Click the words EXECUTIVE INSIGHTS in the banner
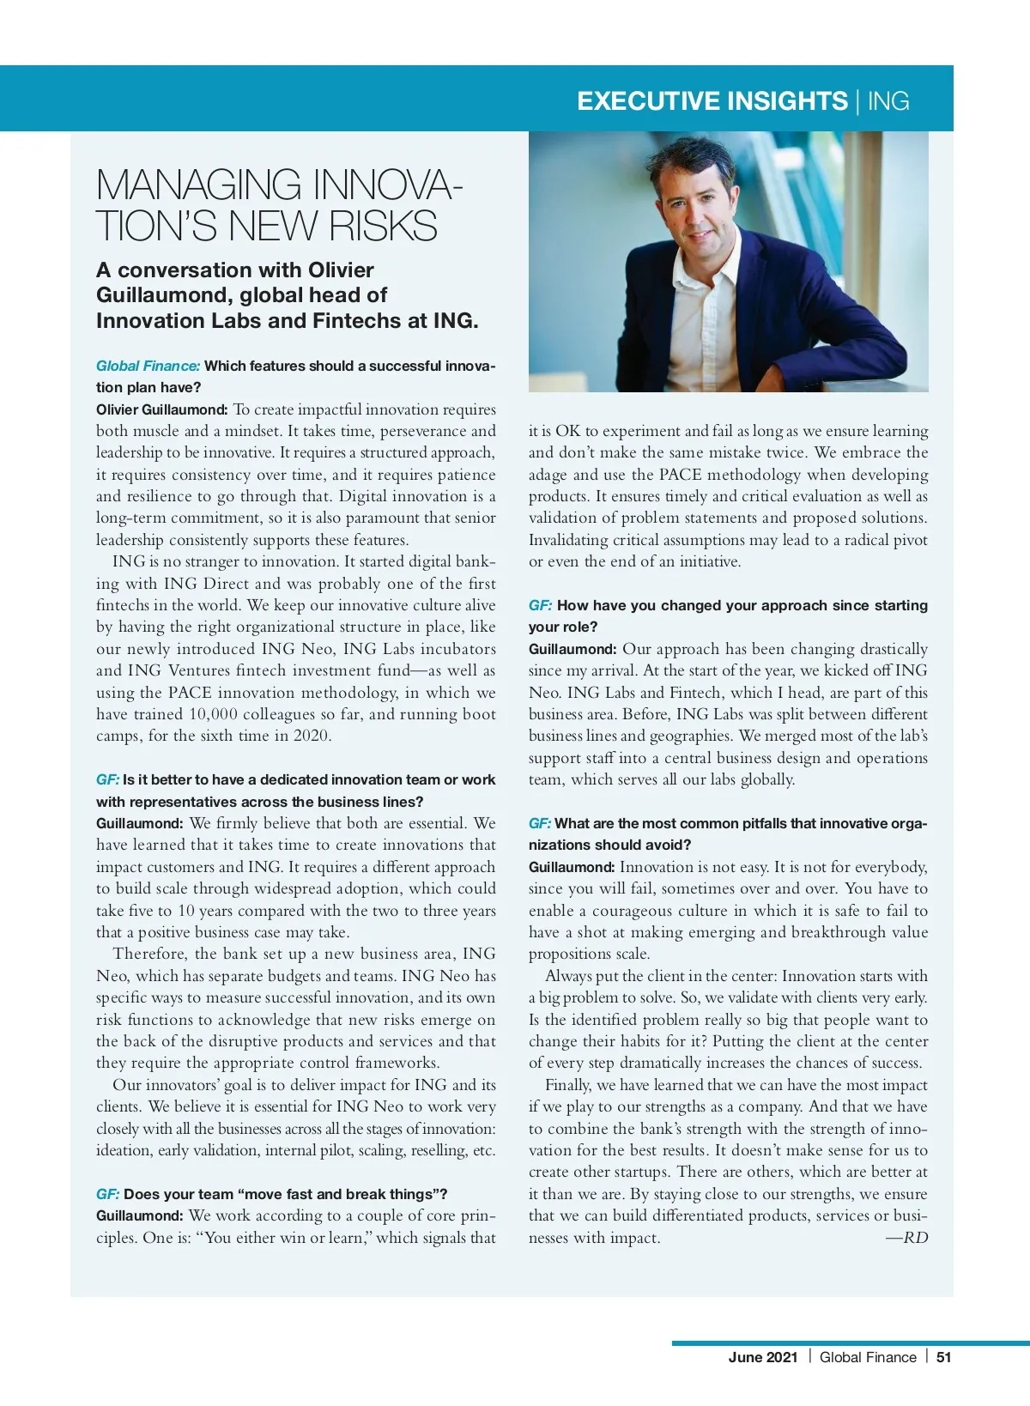712,101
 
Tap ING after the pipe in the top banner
888,101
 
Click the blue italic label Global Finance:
148,366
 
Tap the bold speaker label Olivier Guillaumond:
161,409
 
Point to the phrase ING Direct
206,584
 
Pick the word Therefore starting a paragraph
149,954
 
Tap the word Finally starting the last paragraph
567,1085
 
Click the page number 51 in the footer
943,1357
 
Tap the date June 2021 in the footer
763,1357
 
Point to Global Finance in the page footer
868,1357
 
